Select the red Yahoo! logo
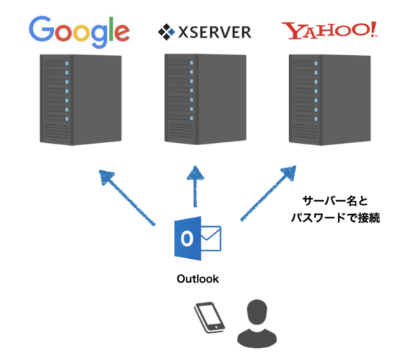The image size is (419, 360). (x=329, y=30)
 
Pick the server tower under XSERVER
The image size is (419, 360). (x=201, y=98)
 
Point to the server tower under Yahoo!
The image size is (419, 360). (x=325, y=98)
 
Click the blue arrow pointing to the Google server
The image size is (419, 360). (x=127, y=198)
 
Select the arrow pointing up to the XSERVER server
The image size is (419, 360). (x=197, y=188)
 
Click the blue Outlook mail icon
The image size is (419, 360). (x=197, y=239)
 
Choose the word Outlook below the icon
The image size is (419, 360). (x=197, y=279)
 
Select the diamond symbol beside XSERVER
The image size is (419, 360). (x=166, y=31)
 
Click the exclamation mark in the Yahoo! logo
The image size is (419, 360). (x=374, y=29)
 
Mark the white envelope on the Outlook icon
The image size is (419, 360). (x=209, y=239)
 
